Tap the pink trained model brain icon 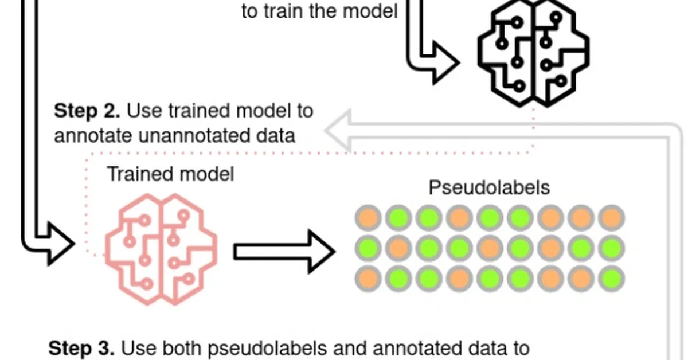click(161, 248)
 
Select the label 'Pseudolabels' click(489, 187)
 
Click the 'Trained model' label click(170, 174)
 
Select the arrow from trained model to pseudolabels click(284, 251)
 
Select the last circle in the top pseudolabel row click(612, 218)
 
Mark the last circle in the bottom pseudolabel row click(612, 279)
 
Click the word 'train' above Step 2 click(291, 11)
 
